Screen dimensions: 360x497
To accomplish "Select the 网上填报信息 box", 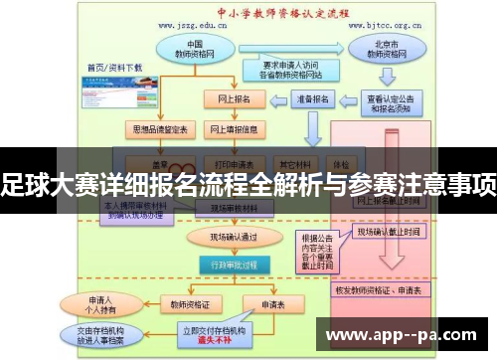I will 234,130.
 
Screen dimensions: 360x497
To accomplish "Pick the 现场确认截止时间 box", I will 390,231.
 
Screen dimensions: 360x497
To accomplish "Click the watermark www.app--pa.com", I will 404,333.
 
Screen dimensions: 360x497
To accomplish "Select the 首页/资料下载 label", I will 115,68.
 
